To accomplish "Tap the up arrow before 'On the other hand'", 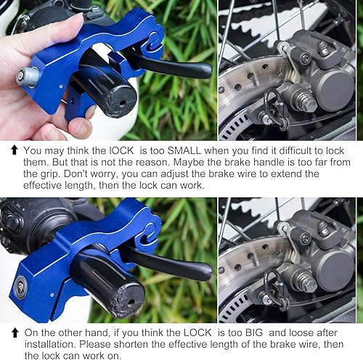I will coord(15,332).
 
